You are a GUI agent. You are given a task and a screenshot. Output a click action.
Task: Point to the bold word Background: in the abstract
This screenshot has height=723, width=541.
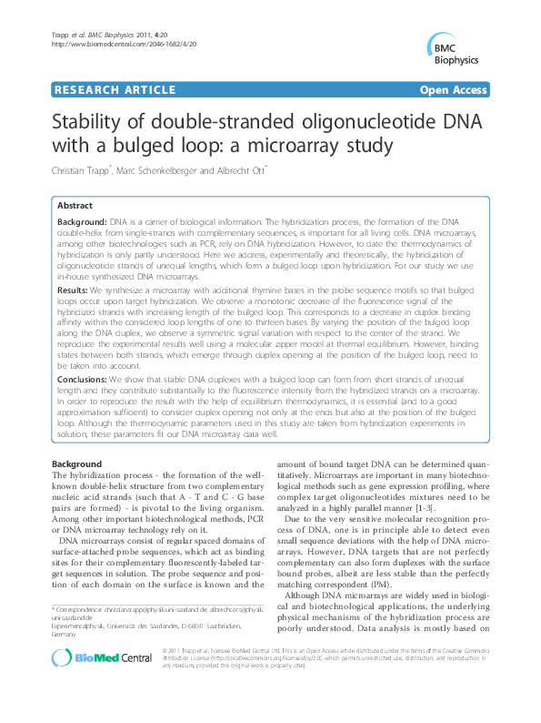coord(82,222)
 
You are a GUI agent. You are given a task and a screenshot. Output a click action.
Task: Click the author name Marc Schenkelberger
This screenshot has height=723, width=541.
coord(180,170)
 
